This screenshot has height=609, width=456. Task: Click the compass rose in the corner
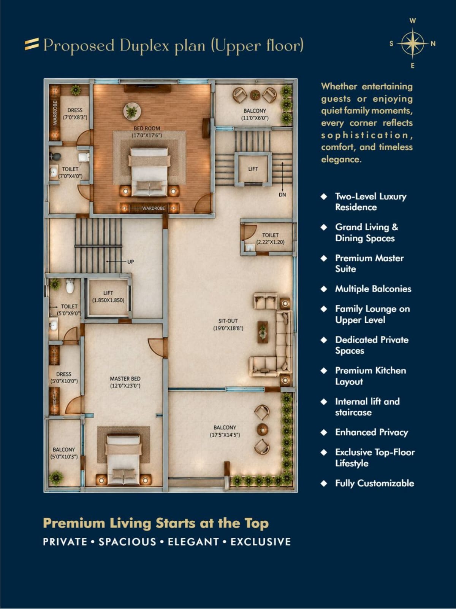[413, 43]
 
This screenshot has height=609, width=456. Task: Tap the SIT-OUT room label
[228, 321]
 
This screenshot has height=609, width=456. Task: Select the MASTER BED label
[125, 379]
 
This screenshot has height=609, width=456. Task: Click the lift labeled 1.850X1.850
[108, 297]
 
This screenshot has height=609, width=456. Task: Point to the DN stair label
[282, 195]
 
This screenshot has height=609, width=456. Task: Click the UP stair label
[130, 261]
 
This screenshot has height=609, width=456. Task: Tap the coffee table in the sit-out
[263, 332]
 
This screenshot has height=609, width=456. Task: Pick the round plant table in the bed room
[132, 112]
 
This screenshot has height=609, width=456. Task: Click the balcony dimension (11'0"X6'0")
[255, 118]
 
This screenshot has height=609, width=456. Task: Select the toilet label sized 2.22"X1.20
[270, 238]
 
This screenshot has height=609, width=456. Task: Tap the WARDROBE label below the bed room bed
[154, 208]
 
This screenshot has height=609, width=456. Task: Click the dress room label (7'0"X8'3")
[75, 114]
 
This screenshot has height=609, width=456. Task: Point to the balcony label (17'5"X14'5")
[225, 431]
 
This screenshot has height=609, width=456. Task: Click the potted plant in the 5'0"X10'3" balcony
[57, 478]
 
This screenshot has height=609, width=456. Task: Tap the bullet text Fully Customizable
[375, 483]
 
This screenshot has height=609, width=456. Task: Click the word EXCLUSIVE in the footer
[261, 542]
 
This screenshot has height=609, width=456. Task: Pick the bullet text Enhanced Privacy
[372, 432]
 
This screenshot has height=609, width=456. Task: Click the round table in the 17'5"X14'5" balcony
[262, 429]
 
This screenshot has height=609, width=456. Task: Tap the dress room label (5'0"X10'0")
[64, 378]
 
